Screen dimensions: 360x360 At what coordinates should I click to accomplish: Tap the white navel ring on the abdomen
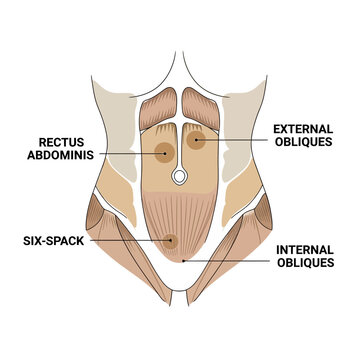(180, 178)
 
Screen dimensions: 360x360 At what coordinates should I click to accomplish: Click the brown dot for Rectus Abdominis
(162, 152)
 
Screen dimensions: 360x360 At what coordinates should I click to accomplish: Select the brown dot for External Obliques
(198, 141)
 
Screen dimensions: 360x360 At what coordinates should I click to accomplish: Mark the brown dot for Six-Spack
(172, 241)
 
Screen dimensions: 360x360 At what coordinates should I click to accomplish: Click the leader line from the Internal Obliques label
(230, 258)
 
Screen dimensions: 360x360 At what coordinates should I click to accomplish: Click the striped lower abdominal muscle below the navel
(180, 215)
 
